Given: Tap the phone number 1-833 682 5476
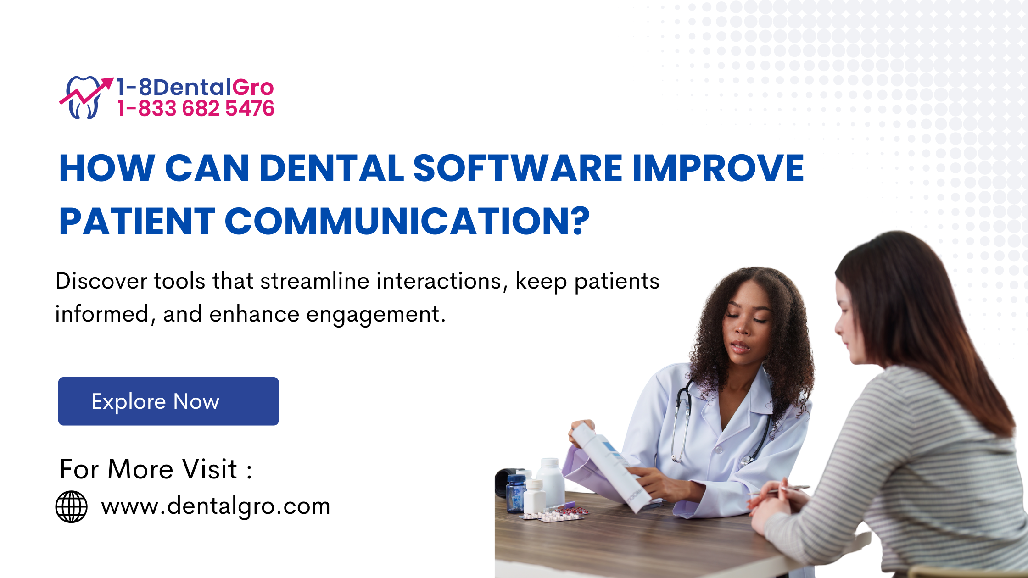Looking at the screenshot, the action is [196, 109].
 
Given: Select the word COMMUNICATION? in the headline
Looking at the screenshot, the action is [407, 221].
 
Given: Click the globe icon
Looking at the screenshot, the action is [72, 506].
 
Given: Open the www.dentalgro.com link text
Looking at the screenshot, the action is [216, 506].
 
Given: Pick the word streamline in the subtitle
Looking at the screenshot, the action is [315, 281].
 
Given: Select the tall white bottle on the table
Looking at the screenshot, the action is [550, 482].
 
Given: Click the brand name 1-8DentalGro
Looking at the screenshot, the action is [195, 87].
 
